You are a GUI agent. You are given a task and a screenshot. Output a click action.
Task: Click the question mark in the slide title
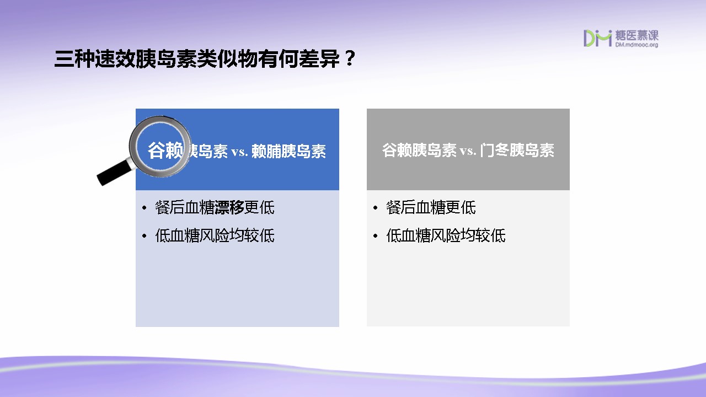350,58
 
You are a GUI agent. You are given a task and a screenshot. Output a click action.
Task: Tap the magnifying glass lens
161,147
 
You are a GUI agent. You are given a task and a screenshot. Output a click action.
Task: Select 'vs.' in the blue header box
239,152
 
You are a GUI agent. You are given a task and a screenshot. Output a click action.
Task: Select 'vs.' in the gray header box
468,151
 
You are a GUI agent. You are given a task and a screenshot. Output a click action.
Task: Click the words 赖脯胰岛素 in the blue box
288,151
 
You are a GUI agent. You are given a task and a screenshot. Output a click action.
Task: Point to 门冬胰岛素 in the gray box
517,150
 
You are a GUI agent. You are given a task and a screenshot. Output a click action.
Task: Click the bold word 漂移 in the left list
229,208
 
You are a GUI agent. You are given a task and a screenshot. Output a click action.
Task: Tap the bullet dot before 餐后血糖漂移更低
145,208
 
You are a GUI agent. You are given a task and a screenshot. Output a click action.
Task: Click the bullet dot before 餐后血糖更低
375,208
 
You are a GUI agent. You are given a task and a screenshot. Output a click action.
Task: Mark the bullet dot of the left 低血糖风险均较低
145,235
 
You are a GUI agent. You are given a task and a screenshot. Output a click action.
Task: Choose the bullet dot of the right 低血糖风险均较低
375,235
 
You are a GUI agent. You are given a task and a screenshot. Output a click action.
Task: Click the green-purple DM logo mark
597,38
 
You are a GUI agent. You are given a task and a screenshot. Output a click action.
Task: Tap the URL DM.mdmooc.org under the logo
637,45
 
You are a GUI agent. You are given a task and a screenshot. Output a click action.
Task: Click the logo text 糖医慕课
637,35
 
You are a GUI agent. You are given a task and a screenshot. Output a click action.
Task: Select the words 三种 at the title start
74,59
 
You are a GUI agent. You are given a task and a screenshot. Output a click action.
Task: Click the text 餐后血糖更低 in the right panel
431,208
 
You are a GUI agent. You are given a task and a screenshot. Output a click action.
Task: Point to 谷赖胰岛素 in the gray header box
419,150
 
